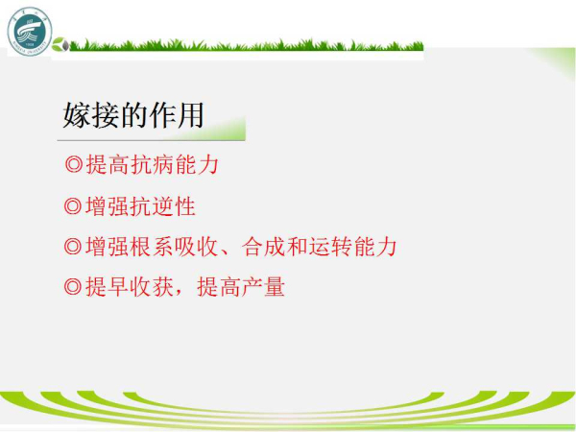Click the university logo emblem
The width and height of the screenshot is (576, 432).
[30, 32]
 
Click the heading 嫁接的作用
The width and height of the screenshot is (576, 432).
[133, 115]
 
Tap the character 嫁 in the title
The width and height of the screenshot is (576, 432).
[77, 115]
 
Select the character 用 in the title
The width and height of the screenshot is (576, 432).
[190, 115]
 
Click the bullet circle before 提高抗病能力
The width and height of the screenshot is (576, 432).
[74, 164]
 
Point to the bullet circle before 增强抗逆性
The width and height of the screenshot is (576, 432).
[73, 206]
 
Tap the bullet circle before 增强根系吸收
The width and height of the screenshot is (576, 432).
[73, 246]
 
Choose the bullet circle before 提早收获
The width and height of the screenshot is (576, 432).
[73, 286]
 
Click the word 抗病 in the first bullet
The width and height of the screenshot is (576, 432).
[153, 164]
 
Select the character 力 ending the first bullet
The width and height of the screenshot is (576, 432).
[208, 164]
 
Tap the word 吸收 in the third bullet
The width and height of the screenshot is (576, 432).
[196, 246]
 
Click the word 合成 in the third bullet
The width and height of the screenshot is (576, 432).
[264, 246]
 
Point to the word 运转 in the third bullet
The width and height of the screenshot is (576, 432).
[330, 246]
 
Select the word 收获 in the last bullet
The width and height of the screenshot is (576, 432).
[153, 286]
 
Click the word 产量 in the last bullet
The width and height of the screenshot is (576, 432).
[264, 286]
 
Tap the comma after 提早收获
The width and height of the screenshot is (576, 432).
[179, 293]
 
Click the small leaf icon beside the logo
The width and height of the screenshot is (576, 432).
[60, 44]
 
